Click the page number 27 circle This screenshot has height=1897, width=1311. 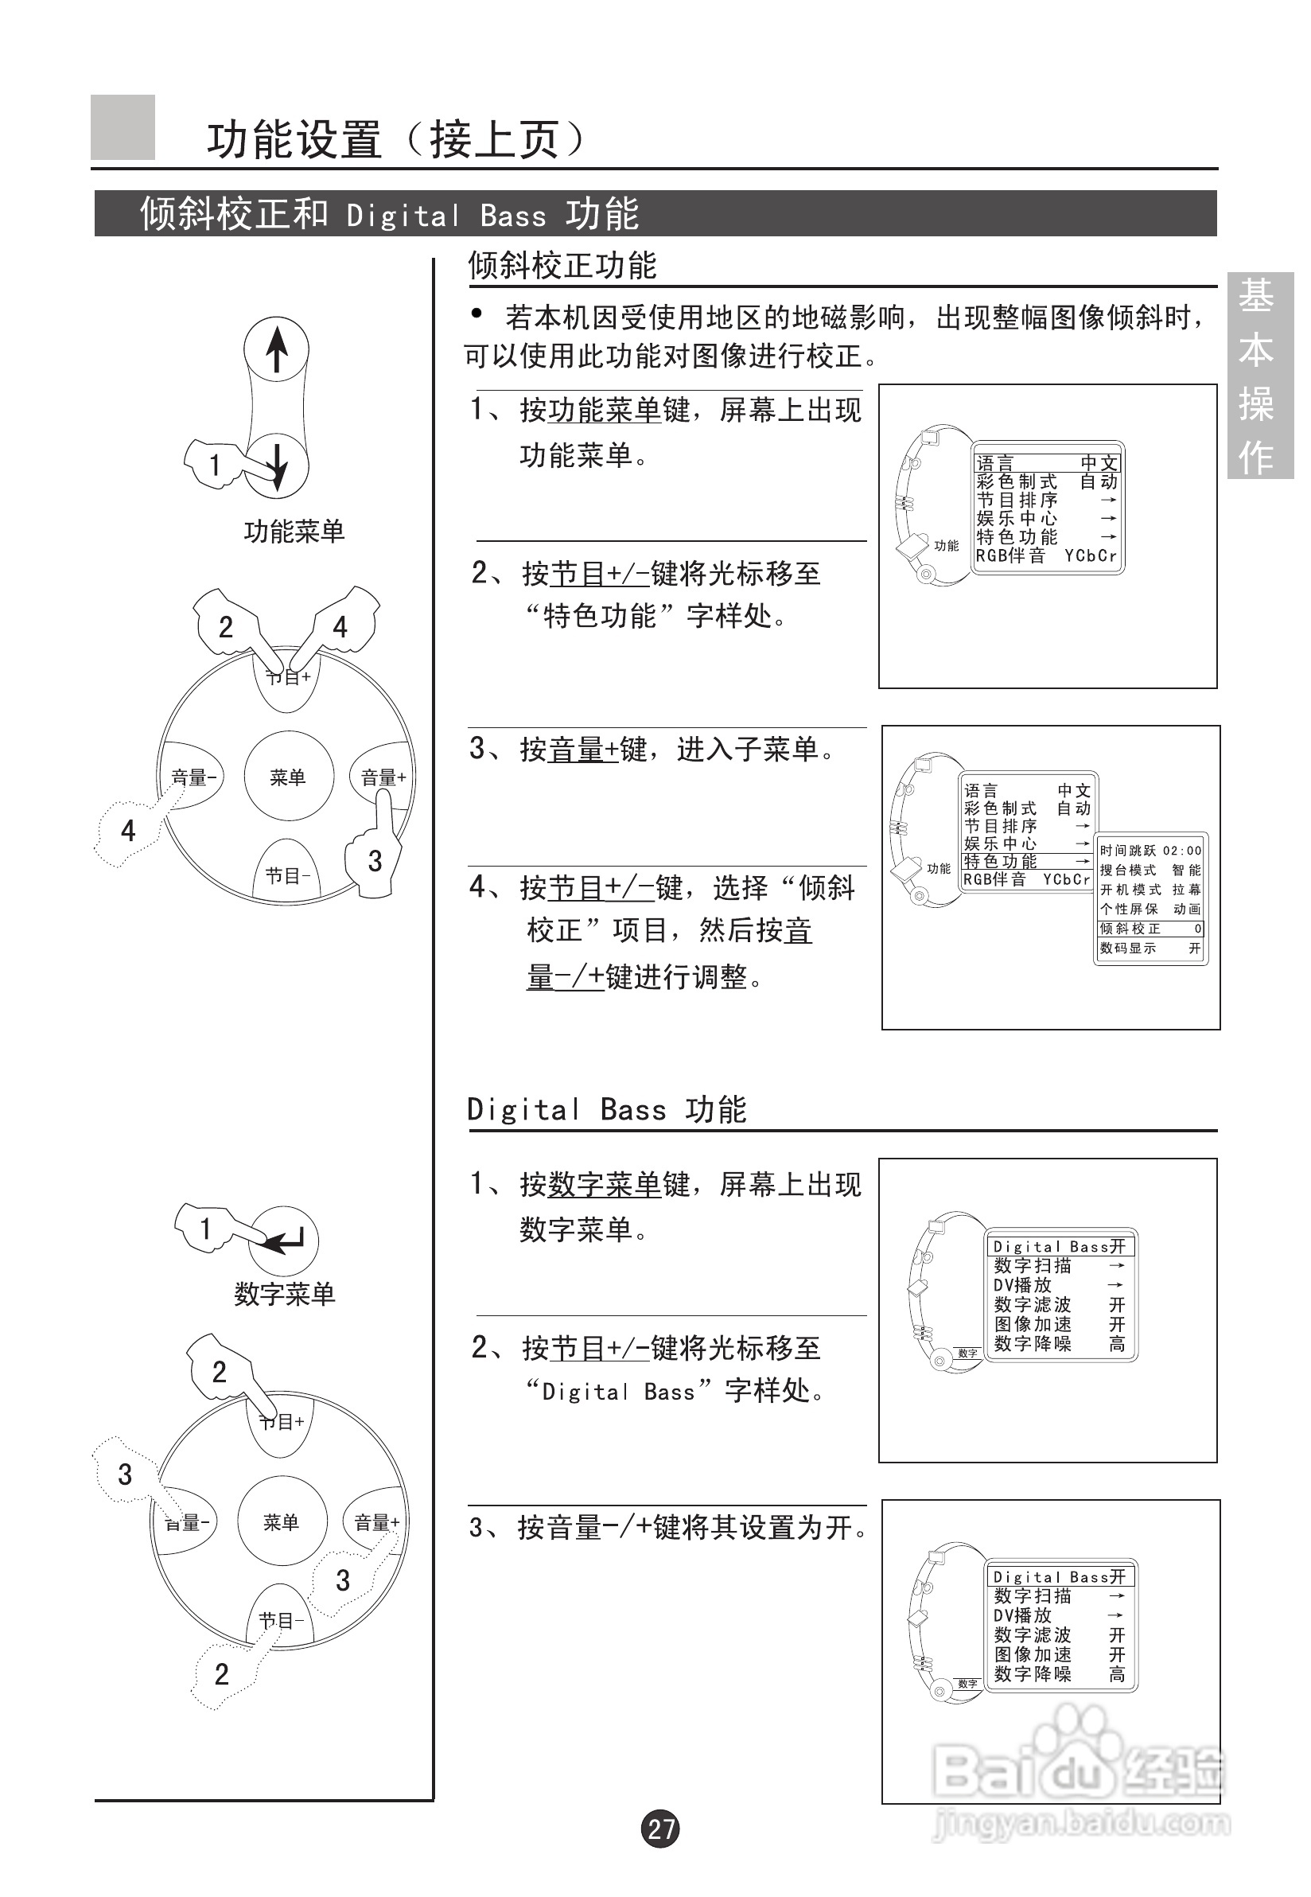point(660,1829)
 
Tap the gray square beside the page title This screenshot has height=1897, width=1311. point(123,127)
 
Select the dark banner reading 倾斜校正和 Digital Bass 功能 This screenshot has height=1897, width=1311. point(655,213)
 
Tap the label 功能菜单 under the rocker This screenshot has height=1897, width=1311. point(294,532)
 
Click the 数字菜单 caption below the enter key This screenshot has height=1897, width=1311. point(284,1294)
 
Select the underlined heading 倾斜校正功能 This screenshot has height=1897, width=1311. point(562,265)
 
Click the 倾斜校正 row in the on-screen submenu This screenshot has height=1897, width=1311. point(1150,929)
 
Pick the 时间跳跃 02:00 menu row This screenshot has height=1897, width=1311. point(1150,851)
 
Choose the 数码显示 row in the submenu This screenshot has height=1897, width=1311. point(1150,948)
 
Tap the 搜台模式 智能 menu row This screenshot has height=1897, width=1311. point(1150,870)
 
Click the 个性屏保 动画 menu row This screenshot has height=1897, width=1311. point(1150,909)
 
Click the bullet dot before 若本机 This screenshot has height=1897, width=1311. point(477,313)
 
